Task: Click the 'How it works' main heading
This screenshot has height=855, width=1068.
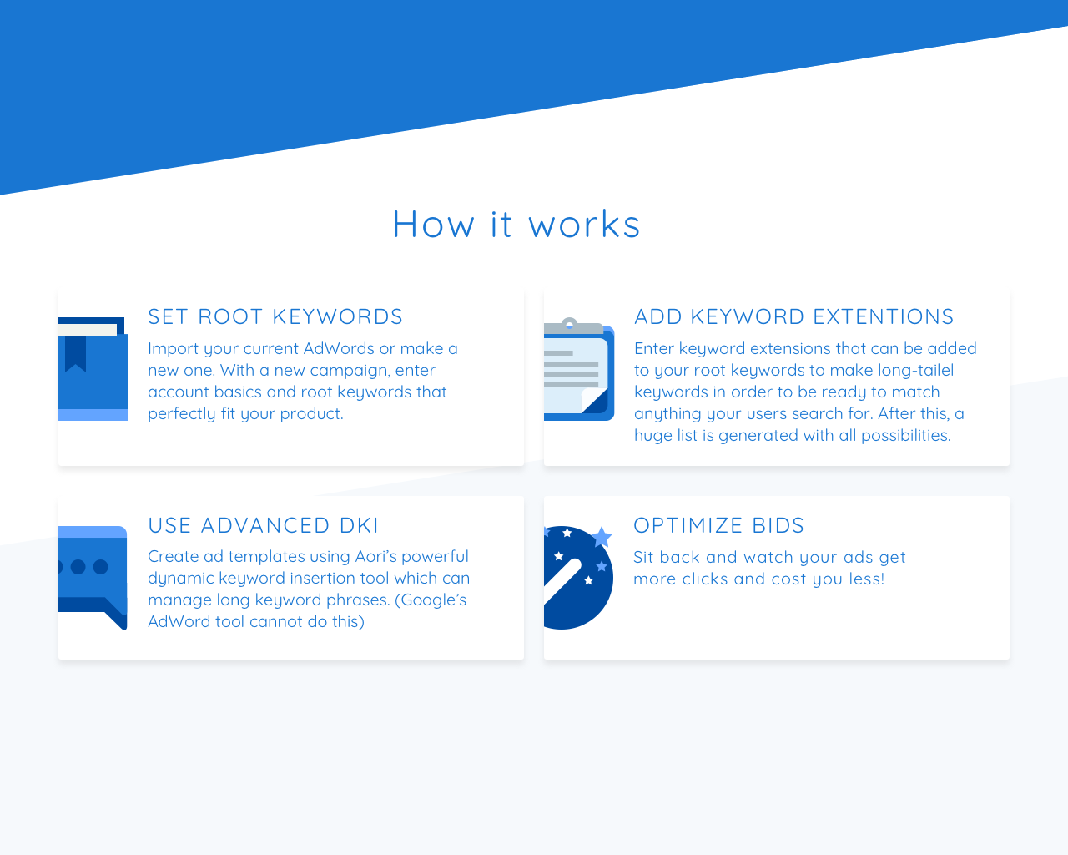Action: [516, 224]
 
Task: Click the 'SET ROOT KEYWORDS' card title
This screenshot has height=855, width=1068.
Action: [275, 316]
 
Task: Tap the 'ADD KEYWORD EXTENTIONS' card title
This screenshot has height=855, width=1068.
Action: [794, 316]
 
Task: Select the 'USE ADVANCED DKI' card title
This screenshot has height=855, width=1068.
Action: [263, 525]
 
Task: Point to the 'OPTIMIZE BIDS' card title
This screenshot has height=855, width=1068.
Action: [718, 525]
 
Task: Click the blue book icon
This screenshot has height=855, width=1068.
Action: [93, 369]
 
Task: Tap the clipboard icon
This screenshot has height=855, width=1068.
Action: [579, 369]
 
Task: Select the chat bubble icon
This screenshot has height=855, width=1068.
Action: [93, 576]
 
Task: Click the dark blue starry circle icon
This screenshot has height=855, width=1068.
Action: [578, 578]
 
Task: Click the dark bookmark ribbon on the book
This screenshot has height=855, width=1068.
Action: [75, 352]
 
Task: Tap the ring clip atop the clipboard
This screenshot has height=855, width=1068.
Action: [570, 324]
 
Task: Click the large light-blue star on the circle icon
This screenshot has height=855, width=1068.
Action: [602, 537]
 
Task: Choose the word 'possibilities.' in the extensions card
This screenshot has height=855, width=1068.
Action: [906, 436]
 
